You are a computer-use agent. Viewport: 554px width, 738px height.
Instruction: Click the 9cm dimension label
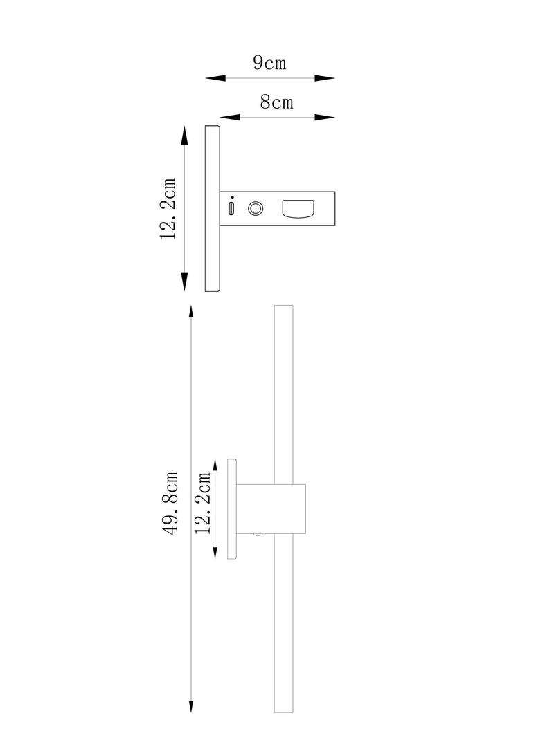pos(269,63)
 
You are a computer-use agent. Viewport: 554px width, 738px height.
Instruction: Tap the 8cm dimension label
pos(276,102)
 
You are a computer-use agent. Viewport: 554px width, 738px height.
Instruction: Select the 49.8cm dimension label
pos(170,503)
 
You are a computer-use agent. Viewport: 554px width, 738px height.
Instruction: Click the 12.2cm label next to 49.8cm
pos(203,503)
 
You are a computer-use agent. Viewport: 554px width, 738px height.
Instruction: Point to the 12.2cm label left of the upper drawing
pos(168,208)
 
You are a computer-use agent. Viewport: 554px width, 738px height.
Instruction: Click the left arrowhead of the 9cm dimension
pos(215,78)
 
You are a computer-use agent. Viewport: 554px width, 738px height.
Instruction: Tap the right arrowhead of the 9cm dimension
pos(325,78)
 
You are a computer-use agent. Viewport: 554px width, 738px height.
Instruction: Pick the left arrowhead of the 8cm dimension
pos(230,117)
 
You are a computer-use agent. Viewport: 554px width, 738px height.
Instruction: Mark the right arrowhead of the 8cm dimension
pos(325,117)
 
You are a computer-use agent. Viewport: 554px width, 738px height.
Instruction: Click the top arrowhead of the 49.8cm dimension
pos(191,315)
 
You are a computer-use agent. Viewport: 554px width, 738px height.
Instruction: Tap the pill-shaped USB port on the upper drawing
pos(231,208)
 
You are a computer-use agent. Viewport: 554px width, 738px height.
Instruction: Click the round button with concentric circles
pos(256,208)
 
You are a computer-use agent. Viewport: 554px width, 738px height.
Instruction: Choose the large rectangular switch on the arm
pos(298,209)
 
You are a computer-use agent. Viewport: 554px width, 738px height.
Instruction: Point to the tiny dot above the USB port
pos(232,197)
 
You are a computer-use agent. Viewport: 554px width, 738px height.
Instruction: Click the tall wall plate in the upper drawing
pos(213,208)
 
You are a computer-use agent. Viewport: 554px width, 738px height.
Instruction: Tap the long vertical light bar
pos(284,515)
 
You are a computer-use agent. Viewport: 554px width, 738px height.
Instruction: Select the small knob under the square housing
pos(258,535)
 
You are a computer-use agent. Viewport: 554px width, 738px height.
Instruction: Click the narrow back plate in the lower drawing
pos(232,509)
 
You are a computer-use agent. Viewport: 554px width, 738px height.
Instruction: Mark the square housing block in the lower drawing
pos(271,508)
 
